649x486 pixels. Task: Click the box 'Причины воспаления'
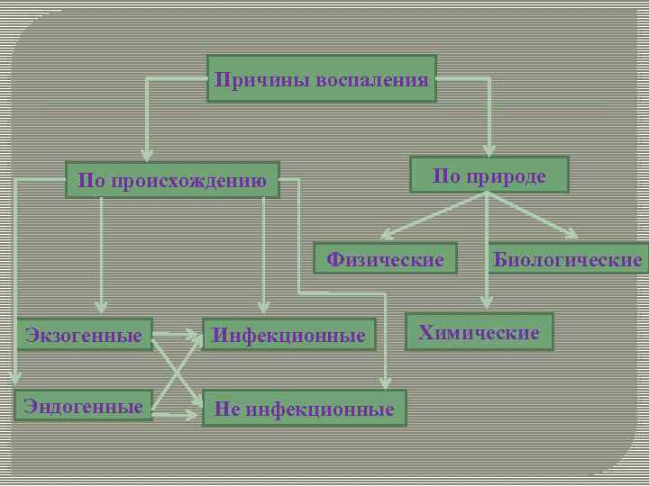[x=321, y=79]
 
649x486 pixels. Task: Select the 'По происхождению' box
[x=172, y=180]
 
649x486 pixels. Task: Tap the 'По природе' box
[x=489, y=175]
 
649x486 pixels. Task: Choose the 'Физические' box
[x=385, y=260]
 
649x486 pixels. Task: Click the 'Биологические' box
[x=568, y=260]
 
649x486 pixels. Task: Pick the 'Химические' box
[x=479, y=332]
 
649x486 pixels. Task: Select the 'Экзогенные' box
[x=84, y=336]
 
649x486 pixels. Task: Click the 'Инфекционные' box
[x=288, y=336]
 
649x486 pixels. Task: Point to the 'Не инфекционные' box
[x=304, y=409]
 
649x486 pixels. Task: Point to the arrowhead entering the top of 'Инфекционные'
[x=263, y=306]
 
